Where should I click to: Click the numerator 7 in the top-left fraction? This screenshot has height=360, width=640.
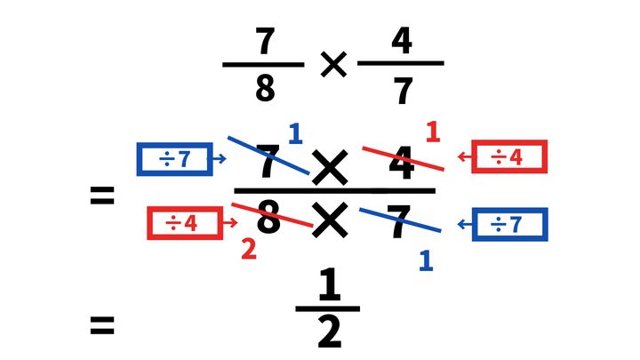(265, 41)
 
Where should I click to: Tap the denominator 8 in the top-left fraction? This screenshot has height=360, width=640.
(265, 88)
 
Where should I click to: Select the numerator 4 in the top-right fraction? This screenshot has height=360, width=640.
(402, 40)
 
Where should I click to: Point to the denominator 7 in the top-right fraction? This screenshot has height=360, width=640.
(403, 91)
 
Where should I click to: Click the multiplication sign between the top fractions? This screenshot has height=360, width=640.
(333, 64)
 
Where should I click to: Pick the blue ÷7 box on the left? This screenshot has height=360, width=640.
(175, 159)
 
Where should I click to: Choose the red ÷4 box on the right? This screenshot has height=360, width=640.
(509, 156)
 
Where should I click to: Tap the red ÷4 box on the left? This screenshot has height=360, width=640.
(185, 223)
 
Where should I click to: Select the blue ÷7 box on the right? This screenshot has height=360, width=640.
(510, 225)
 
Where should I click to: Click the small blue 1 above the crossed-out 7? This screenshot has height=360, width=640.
(295, 134)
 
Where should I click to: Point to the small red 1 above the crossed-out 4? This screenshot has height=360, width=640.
(433, 132)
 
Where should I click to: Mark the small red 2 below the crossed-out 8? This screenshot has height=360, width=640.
(249, 250)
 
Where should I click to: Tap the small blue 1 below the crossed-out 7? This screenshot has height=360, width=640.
(426, 260)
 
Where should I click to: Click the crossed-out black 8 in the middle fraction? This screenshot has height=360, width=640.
(268, 218)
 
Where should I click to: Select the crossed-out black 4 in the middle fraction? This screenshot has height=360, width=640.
(402, 163)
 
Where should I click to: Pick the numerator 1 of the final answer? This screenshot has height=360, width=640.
(329, 284)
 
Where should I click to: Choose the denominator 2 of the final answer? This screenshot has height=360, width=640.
(329, 332)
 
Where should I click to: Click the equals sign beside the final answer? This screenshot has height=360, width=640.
(102, 325)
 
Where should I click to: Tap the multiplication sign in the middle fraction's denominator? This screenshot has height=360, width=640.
(330, 220)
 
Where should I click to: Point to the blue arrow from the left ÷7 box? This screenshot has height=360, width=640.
(220, 158)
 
